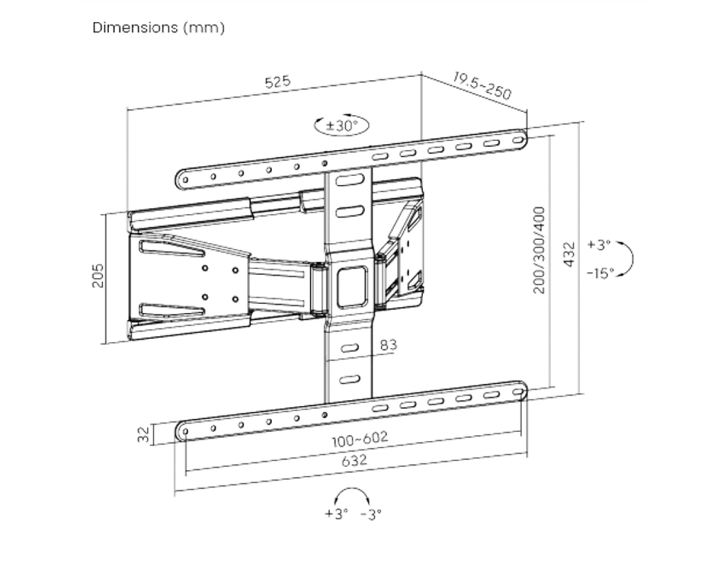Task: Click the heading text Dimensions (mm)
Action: tap(158, 28)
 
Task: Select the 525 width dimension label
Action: tap(278, 81)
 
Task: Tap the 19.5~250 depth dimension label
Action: tap(482, 87)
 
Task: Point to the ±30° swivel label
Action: tap(342, 125)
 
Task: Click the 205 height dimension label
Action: tap(98, 276)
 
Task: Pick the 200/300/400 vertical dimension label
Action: tap(539, 250)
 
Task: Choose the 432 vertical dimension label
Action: tap(569, 255)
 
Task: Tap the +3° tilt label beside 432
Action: tap(599, 244)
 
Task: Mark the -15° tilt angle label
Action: tap(601, 273)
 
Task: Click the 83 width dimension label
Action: tap(388, 345)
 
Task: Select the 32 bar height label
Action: tap(144, 434)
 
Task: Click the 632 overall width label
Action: tap(354, 461)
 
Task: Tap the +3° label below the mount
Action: tap(336, 514)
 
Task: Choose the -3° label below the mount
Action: tap(371, 514)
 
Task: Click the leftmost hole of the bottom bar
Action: tap(185, 431)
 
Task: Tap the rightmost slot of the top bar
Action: tap(517, 139)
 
